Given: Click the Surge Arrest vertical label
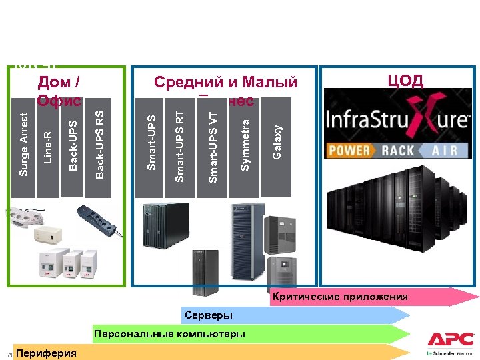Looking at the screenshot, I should point(24,145).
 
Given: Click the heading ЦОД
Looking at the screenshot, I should point(405,81).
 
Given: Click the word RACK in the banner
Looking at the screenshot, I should point(399,150).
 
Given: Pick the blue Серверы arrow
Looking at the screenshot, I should point(293,315).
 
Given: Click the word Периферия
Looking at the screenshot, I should point(47,353).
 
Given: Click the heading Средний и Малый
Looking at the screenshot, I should point(225,83).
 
